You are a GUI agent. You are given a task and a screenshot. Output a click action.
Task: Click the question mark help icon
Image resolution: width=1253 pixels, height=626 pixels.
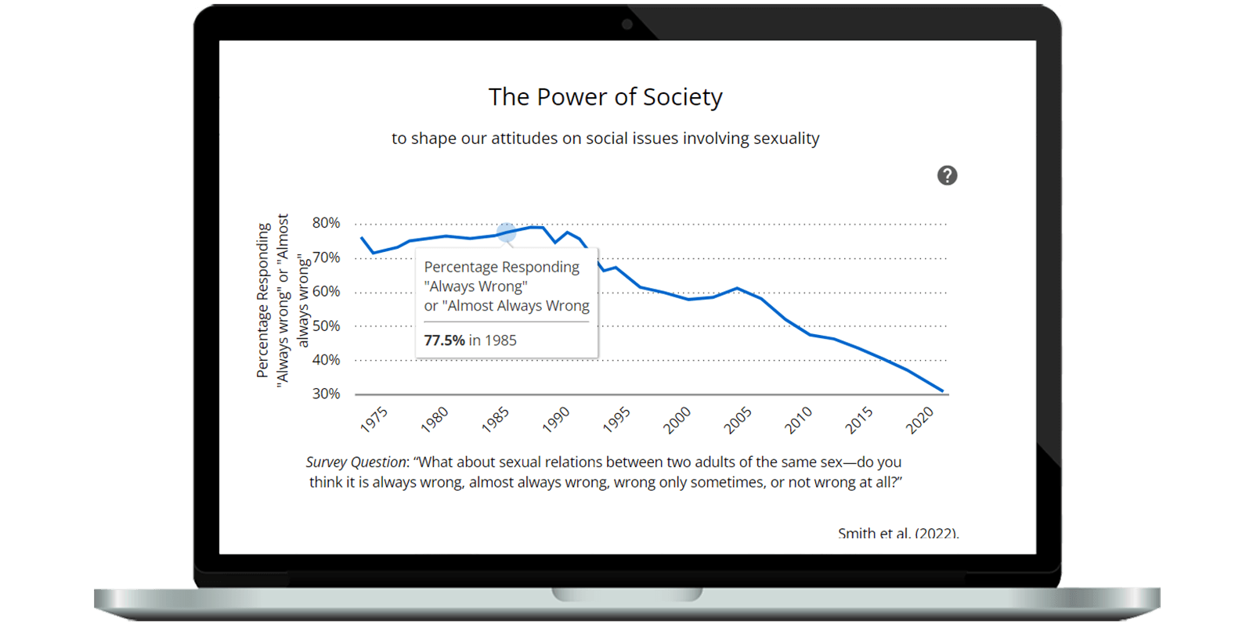click(947, 175)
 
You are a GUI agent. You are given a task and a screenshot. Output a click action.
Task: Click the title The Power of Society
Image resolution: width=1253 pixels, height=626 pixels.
click(605, 97)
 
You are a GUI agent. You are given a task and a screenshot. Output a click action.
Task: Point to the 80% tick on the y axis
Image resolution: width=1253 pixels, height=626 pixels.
click(326, 223)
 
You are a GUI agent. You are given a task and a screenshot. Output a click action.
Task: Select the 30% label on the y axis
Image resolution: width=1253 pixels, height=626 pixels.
click(326, 394)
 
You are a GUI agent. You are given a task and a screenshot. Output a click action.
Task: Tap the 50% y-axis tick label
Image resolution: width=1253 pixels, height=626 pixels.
click(326, 326)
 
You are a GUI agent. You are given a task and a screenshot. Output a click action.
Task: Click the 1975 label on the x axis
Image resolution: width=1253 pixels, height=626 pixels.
click(374, 419)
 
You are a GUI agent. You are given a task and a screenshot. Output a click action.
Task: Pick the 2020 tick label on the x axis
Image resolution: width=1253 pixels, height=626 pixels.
click(920, 419)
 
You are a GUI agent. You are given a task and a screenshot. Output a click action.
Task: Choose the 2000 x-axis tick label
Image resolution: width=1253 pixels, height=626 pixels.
click(677, 419)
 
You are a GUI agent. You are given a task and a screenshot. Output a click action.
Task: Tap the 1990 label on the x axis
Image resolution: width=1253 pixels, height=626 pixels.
click(556, 419)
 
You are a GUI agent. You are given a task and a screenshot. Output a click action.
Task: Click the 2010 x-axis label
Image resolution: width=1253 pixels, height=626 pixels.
click(799, 419)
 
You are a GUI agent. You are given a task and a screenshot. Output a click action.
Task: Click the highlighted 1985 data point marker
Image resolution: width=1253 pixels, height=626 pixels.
click(507, 232)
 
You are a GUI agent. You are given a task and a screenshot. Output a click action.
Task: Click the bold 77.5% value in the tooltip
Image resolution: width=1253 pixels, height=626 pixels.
click(444, 340)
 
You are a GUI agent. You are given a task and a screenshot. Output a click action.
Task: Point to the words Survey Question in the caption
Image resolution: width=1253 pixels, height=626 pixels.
click(356, 462)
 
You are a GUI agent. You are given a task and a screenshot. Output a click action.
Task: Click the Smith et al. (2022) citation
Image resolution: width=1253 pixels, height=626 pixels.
click(897, 533)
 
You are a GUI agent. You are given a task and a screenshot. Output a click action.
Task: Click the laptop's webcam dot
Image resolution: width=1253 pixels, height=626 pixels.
click(626, 24)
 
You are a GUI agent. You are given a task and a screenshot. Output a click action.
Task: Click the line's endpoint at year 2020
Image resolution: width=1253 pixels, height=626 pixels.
click(943, 390)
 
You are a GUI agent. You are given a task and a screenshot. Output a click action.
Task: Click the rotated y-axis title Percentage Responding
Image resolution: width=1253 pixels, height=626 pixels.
click(263, 300)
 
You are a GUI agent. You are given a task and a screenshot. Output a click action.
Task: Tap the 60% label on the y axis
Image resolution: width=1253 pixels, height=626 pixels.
click(326, 291)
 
